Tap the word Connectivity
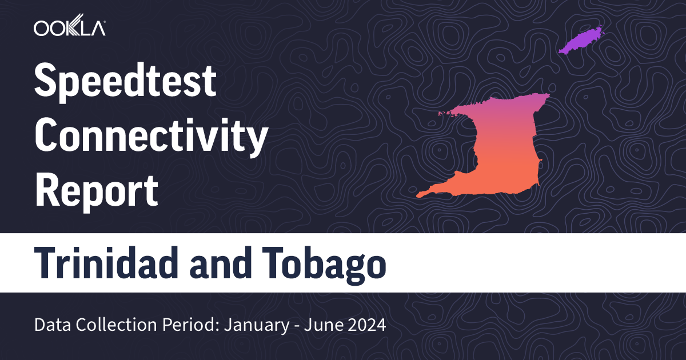pyautogui.click(x=151, y=137)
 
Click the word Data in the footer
pyautogui.click(x=50, y=326)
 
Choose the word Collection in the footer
pyautogui.click(x=106, y=326)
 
